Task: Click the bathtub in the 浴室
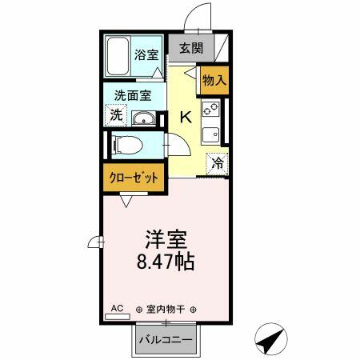(x=118, y=57)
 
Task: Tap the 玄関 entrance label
(x=191, y=48)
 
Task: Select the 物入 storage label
(x=214, y=80)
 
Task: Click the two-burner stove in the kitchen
(x=210, y=109)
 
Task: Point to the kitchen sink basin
(x=210, y=134)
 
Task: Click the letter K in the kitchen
(x=186, y=117)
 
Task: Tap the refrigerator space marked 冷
(x=217, y=164)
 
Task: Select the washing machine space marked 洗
(x=116, y=115)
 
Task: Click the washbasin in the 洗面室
(x=144, y=118)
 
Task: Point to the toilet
(x=127, y=145)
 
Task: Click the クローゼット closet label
(x=134, y=178)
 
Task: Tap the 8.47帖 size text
(x=166, y=262)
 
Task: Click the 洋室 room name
(x=166, y=239)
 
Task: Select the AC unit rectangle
(x=118, y=317)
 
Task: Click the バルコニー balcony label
(x=166, y=340)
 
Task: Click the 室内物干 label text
(x=166, y=310)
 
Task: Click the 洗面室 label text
(x=133, y=95)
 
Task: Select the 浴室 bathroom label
(x=146, y=54)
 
